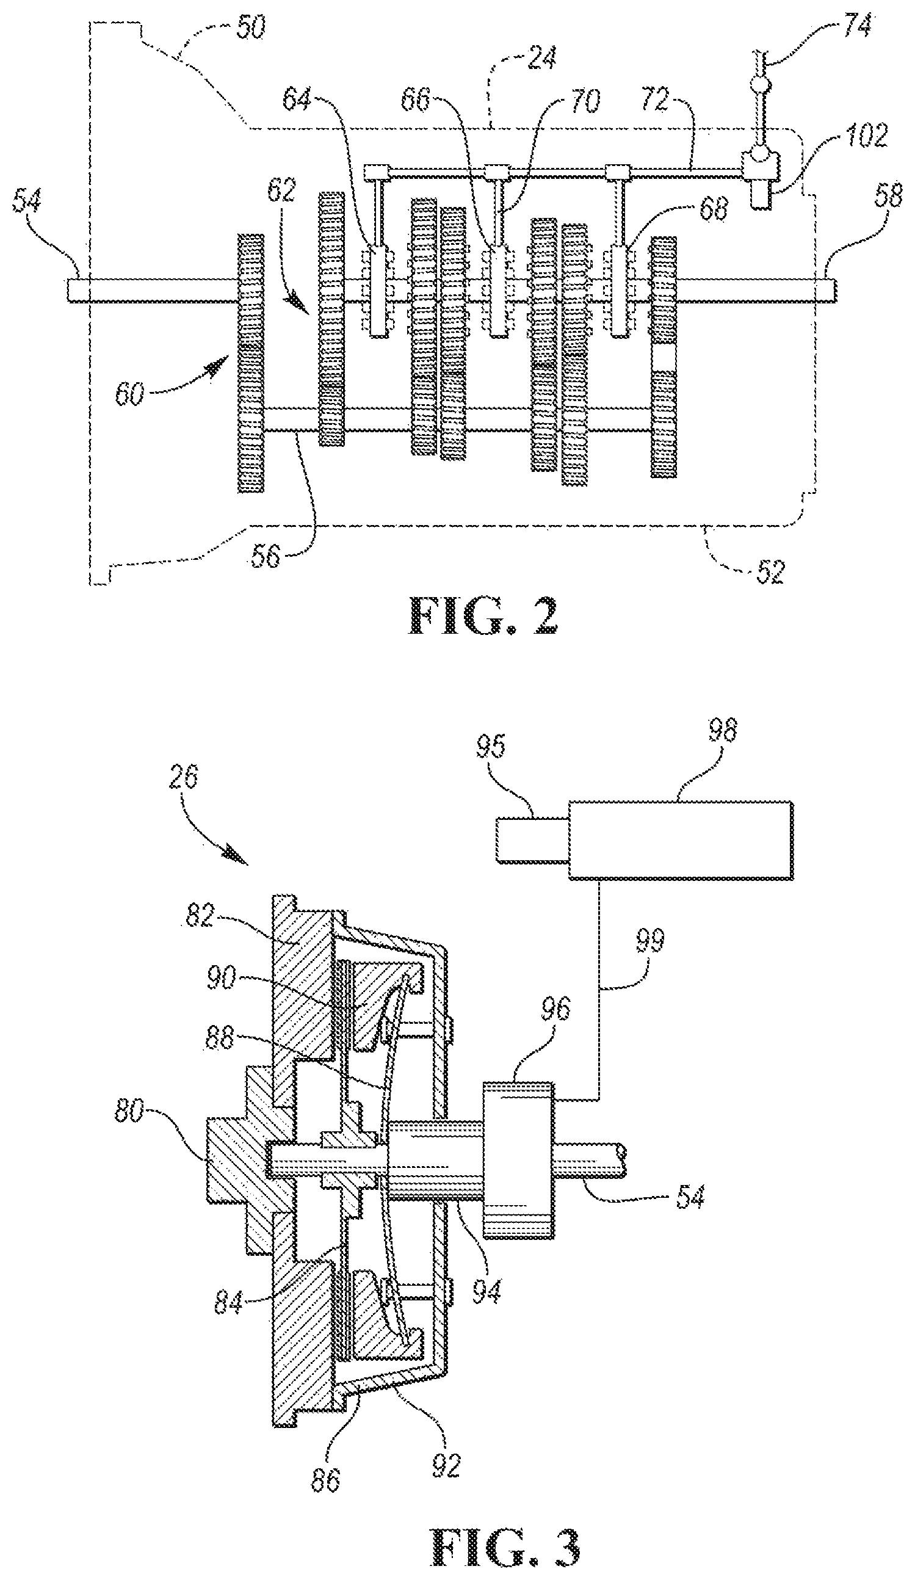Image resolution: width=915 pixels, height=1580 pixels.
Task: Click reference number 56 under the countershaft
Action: click(266, 555)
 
